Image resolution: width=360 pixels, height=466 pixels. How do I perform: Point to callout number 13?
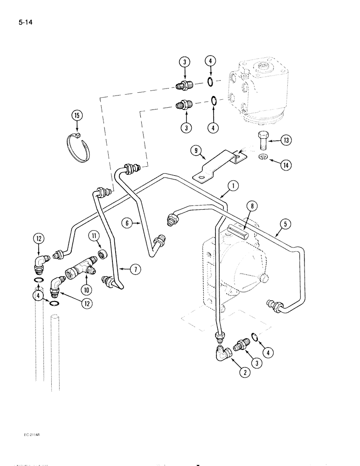(286, 140)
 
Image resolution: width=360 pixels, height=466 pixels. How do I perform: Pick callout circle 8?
(252, 205)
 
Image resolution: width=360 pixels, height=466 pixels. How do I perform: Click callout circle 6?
(128, 224)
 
